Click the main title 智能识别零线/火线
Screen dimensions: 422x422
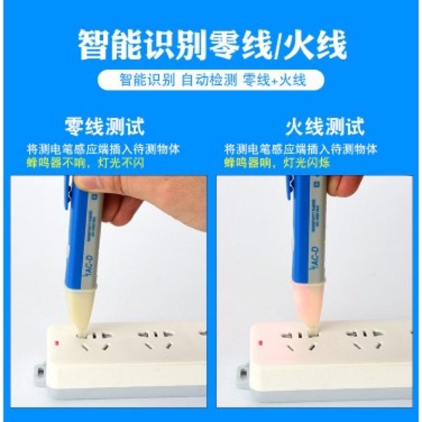(x=211, y=45)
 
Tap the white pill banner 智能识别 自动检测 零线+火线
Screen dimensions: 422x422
(x=211, y=81)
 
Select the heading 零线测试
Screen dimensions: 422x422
(x=104, y=127)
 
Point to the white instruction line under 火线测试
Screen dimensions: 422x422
(x=301, y=149)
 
